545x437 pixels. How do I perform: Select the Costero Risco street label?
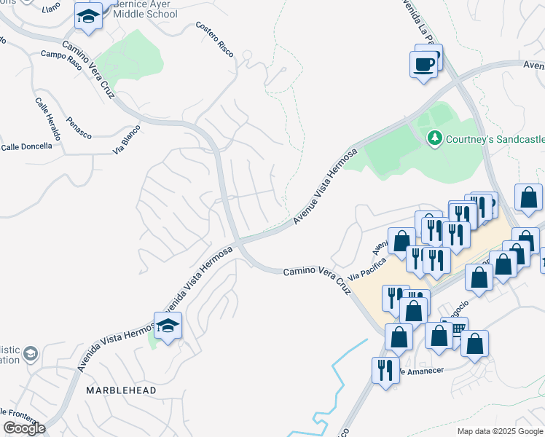coord(214,35)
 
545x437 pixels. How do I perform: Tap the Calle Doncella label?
coord(27,146)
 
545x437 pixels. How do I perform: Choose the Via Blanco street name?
coord(126,140)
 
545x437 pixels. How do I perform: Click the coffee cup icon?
coord(425,65)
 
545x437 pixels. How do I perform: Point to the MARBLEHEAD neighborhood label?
coord(121,390)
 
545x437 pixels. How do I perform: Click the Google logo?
coord(24,428)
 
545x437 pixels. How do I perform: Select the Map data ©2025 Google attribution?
coord(499,431)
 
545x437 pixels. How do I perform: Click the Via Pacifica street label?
coord(366,269)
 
